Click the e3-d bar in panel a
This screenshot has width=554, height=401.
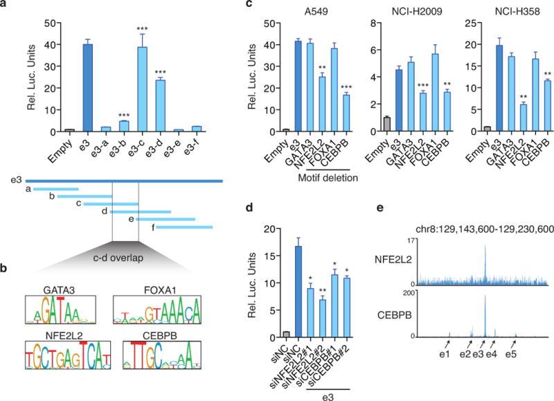[x=159, y=104]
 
